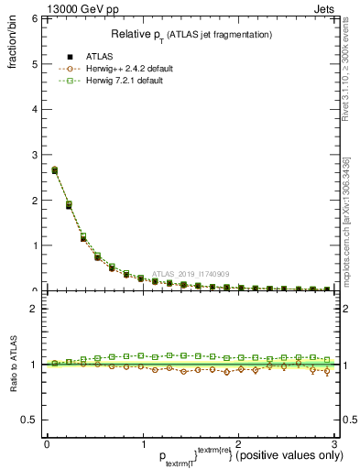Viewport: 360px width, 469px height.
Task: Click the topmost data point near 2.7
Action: (54, 169)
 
